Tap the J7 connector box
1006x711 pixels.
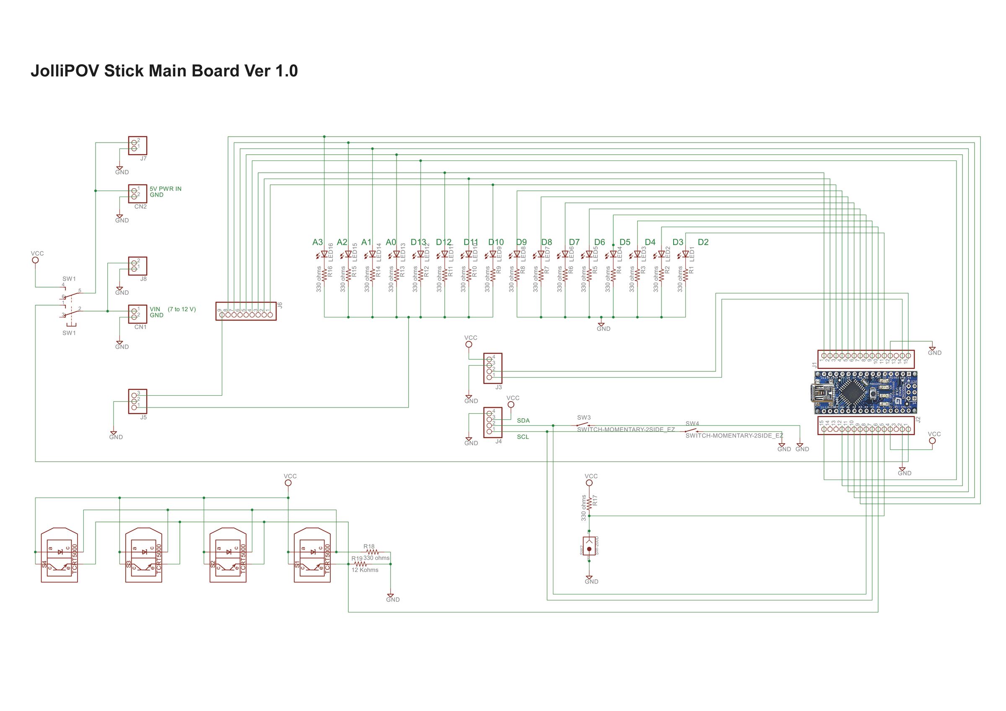coord(137,145)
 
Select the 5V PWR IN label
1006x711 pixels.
coord(165,189)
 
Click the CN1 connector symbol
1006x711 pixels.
coord(137,314)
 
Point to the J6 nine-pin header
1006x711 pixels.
coord(246,311)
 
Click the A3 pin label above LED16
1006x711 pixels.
coord(317,242)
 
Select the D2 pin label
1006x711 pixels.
coord(703,242)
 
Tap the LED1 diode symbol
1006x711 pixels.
coord(685,254)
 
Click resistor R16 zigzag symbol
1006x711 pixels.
coord(324,274)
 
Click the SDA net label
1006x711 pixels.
coord(523,420)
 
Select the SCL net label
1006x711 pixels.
coord(523,437)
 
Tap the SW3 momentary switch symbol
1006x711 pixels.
coord(583,425)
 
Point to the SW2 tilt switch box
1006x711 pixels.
coord(589,545)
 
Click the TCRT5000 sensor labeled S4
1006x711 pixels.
coord(59,556)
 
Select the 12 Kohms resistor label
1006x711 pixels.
coord(365,570)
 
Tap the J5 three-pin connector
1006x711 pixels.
coord(137,401)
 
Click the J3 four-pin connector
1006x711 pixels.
coord(493,368)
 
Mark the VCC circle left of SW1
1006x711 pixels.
coord(36,260)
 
